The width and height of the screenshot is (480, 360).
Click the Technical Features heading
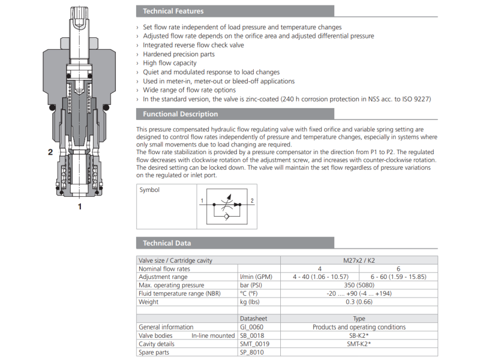[173, 11]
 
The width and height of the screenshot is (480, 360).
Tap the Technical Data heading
[167, 243]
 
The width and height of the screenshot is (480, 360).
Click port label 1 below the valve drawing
[79, 207]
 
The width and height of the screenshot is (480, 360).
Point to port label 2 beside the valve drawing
[50, 152]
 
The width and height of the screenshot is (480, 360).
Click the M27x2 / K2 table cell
[359, 260]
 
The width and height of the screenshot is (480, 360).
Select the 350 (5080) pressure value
[359, 285]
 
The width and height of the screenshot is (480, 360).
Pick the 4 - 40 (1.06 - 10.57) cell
[320, 277]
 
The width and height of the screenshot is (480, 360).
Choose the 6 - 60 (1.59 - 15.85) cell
[398, 277]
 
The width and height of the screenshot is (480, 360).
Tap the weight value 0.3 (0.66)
[359, 302]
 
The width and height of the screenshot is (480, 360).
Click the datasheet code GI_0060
[253, 327]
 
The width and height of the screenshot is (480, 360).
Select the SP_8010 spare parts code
[253, 352]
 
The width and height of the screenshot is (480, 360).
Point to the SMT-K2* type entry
[359, 344]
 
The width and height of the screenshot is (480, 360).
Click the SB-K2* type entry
[359, 335]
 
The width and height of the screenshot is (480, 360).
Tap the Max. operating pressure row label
[172, 285]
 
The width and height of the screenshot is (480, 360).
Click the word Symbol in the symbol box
[149, 190]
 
